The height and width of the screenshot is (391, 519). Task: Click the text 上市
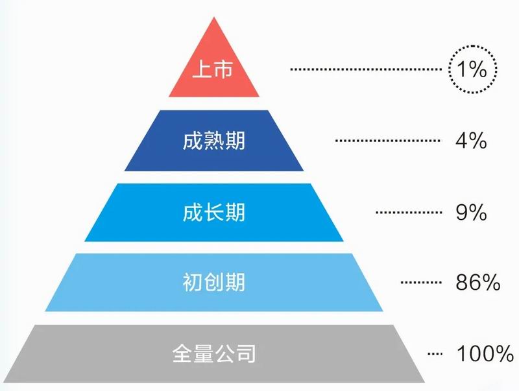click(x=214, y=70)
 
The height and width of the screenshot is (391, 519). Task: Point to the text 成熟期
click(x=214, y=141)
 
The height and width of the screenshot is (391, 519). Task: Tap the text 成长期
click(x=214, y=212)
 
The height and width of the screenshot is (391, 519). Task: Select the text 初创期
click(x=214, y=283)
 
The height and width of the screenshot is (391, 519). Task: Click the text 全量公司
click(x=214, y=354)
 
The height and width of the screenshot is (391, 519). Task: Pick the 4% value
click(x=471, y=141)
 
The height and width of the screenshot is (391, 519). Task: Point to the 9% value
click(x=471, y=212)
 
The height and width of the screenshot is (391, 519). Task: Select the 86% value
click(x=477, y=283)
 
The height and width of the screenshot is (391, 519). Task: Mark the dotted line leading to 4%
click(x=387, y=141)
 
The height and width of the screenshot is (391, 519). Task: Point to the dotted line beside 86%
click(x=421, y=283)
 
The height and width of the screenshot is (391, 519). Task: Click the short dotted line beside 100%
click(x=435, y=354)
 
